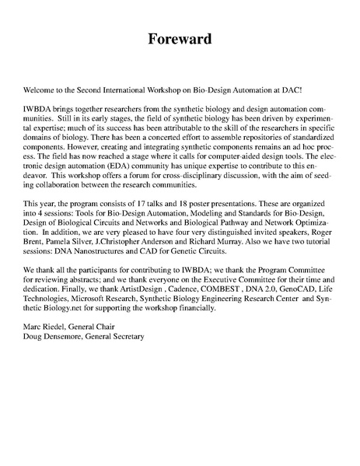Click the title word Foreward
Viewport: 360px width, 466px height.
pyautogui.click(x=180, y=39)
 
